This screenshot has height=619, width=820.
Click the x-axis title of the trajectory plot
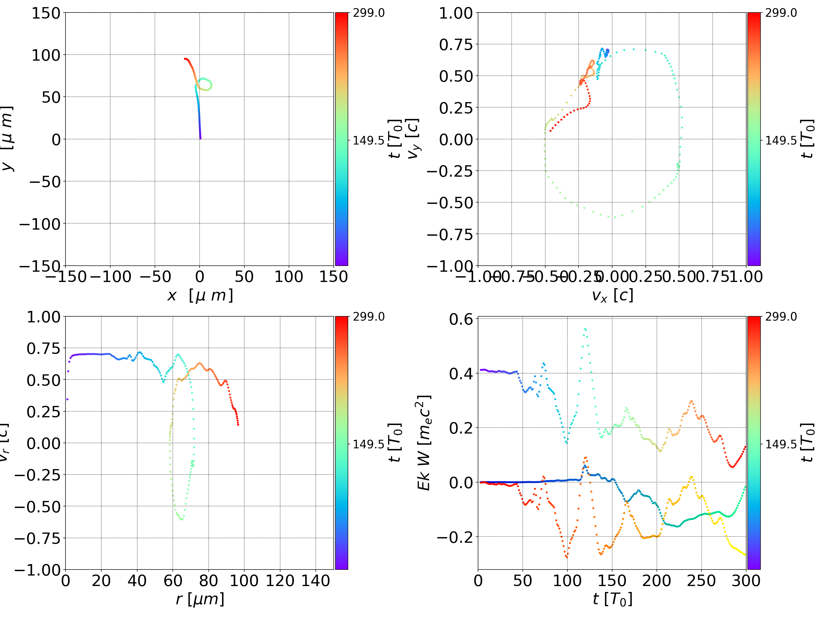[x=200, y=296]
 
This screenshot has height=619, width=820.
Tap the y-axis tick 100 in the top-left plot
[x=46, y=55]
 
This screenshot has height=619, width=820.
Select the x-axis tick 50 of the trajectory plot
[x=244, y=277]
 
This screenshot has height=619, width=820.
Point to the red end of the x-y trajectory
[x=185, y=59]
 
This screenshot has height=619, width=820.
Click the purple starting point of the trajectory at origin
[x=200, y=139]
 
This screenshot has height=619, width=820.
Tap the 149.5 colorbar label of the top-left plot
[x=368, y=141]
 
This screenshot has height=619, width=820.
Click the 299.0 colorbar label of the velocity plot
[x=781, y=13]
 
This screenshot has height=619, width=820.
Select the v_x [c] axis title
[x=612, y=296]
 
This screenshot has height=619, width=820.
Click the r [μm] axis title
[x=200, y=599]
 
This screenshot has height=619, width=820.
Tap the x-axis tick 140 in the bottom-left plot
[x=315, y=581]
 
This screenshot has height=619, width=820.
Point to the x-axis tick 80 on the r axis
[x=208, y=581]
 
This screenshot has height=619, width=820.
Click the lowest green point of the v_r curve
[x=182, y=519]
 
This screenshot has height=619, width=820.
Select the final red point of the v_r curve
[x=238, y=424]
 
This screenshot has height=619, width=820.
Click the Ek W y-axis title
[x=424, y=443]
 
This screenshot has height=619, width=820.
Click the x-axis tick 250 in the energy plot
[x=701, y=581]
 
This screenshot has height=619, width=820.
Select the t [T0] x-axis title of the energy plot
[x=612, y=599]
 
